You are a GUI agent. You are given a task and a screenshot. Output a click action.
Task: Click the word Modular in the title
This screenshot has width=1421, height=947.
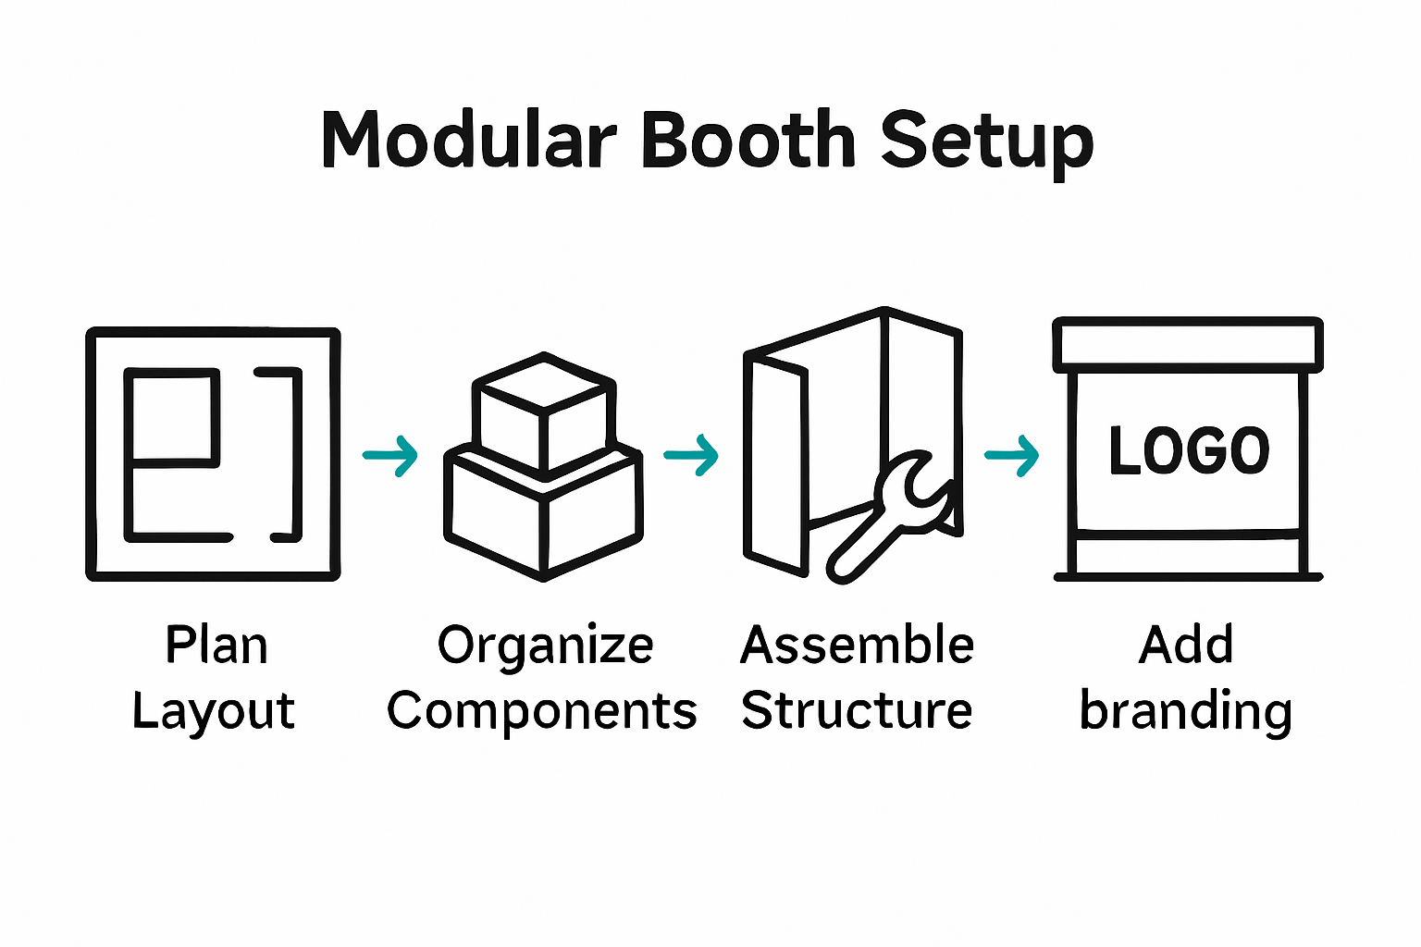[x=467, y=141]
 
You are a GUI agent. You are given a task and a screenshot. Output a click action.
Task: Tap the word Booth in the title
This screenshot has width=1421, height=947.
[x=748, y=141]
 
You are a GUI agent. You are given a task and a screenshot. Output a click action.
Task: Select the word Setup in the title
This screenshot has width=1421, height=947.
[x=986, y=143]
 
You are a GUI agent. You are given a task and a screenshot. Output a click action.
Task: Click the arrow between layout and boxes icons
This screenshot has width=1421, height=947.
[x=390, y=455]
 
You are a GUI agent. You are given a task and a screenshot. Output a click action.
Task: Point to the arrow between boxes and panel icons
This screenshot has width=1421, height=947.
[x=691, y=454]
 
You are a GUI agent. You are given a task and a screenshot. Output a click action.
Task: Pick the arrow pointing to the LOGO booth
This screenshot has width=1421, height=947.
[x=1012, y=454]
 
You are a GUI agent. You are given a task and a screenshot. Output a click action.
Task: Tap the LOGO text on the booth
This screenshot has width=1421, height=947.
[x=1189, y=451]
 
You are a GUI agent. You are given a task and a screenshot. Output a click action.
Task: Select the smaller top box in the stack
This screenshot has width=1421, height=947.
[x=543, y=412]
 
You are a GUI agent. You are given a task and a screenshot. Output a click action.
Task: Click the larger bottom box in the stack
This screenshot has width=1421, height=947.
[x=543, y=513]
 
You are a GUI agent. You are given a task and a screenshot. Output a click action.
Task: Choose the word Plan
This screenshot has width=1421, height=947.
[x=216, y=646]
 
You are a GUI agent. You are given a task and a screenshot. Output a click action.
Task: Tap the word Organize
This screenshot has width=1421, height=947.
[x=546, y=646]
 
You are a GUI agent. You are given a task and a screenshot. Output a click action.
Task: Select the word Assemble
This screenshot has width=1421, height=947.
[x=857, y=646]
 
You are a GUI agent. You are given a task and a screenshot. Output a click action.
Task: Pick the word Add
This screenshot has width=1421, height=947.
[x=1186, y=646]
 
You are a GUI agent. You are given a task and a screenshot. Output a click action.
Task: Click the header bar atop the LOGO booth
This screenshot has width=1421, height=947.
[x=1189, y=345]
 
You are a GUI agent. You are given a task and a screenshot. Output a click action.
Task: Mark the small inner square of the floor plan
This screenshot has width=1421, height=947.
[x=173, y=415]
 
